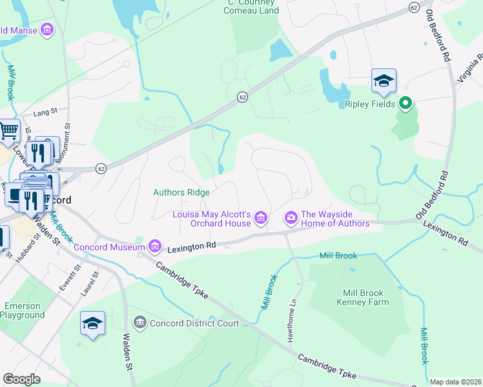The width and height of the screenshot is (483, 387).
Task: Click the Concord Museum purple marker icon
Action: tap(154, 246)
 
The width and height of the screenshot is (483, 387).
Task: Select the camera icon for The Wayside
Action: tap(291, 218)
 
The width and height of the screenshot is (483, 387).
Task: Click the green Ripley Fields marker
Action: tap(406, 103)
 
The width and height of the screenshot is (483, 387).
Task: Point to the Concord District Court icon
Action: tap(139, 322)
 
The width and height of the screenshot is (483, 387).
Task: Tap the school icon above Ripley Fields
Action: tap(384, 81)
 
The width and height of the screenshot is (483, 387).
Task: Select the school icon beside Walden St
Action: tap(92, 324)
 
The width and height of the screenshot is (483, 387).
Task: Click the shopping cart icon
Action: tap(8, 132)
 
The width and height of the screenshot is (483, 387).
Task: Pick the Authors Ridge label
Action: tap(181, 192)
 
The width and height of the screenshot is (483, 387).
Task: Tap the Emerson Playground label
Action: tap(22, 311)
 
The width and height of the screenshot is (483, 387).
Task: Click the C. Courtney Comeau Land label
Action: tap(252, 6)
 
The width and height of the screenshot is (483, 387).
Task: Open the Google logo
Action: tap(22, 379)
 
